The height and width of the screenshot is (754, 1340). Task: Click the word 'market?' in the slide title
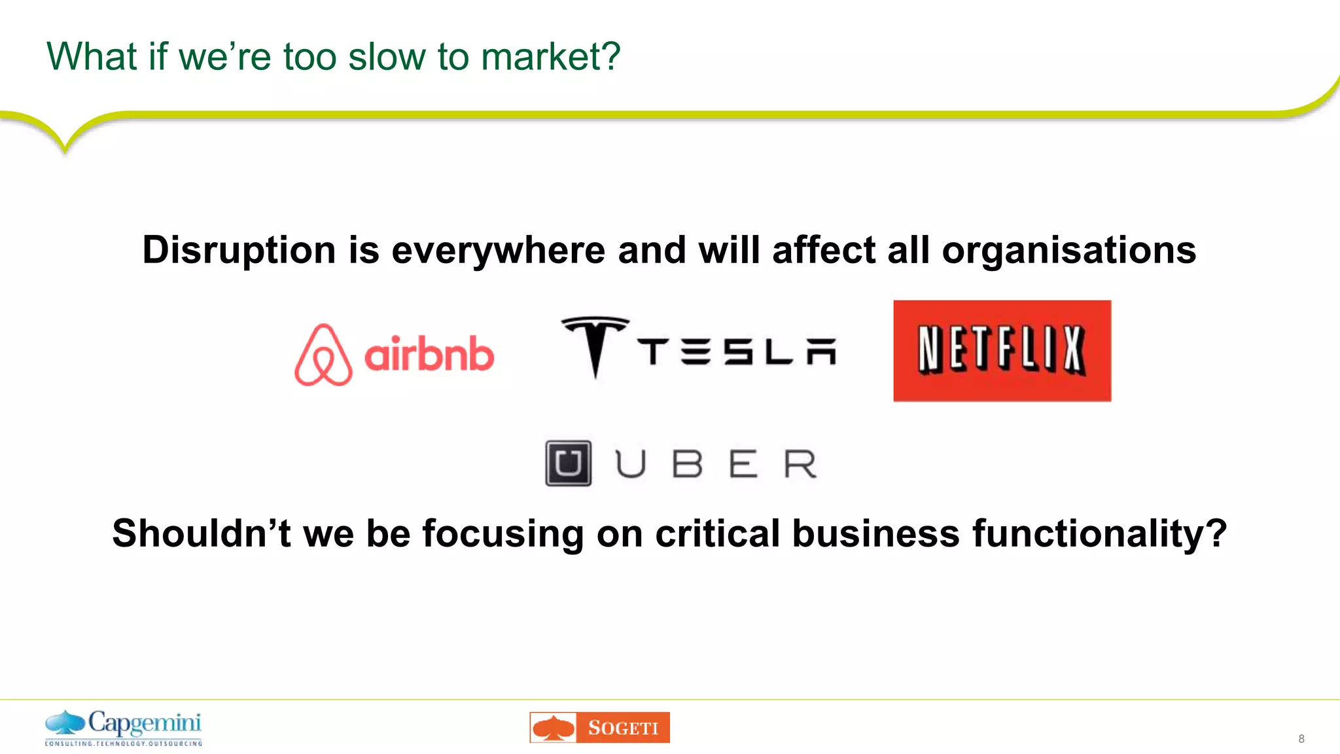pyautogui.click(x=550, y=57)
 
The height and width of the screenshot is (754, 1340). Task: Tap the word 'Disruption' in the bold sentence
pyautogui.click(x=239, y=251)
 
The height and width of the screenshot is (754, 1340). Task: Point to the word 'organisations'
pyautogui.click(x=1068, y=251)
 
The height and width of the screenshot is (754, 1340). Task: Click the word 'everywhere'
pyautogui.click(x=498, y=251)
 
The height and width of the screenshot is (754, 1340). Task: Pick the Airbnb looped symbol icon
pyautogui.click(x=323, y=355)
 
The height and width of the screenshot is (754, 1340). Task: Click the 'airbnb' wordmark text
pyautogui.click(x=429, y=355)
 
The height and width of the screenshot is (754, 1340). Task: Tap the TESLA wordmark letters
pyautogui.click(x=737, y=352)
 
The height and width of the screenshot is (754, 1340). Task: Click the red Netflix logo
pyautogui.click(x=1002, y=351)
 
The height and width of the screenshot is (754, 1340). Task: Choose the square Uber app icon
pyautogui.click(x=568, y=463)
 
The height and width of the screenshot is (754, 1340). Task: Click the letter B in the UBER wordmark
pyautogui.click(x=687, y=464)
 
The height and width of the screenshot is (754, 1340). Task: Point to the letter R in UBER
pyautogui.click(x=800, y=464)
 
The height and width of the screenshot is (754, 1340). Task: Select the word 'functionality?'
pyautogui.click(x=1099, y=533)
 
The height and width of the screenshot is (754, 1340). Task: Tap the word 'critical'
pyautogui.click(x=717, y=533)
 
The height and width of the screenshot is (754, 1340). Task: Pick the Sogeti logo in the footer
pyautogui.click(x=599, y=727)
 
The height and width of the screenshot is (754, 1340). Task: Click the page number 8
pyautogui.click(x=1301, y=739)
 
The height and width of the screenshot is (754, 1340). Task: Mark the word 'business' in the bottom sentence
pyautogui.click(x=875, y=533)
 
